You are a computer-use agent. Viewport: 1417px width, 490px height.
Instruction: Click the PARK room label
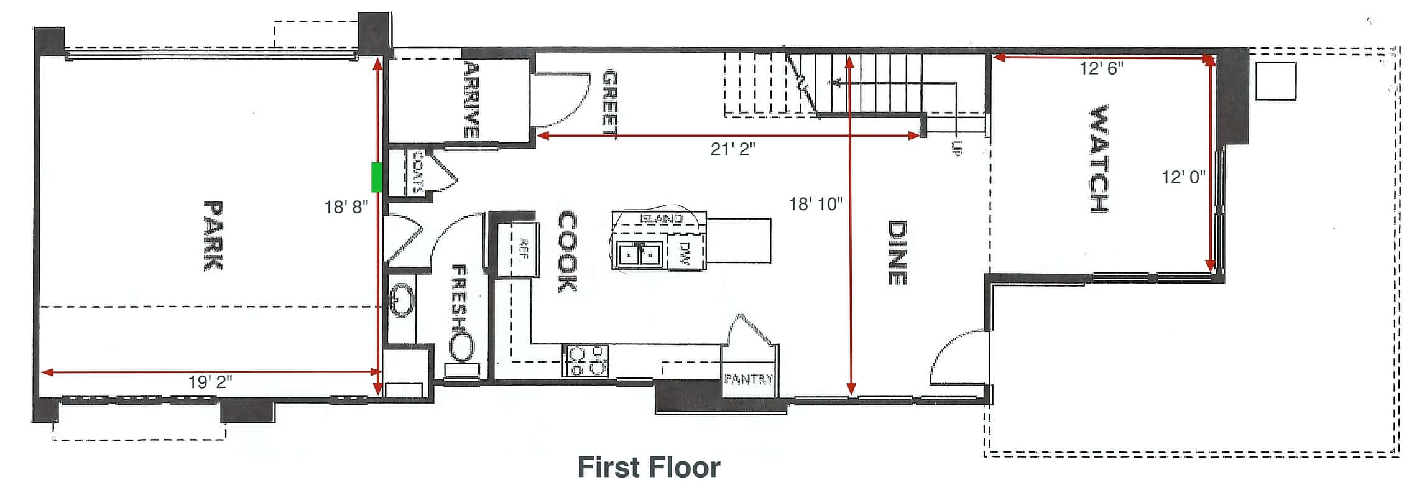(x=213, y=235)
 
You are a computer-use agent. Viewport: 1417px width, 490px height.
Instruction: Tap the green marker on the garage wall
(x=376, y=177)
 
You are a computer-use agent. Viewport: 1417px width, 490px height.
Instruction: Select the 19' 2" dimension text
(x=210, y=382)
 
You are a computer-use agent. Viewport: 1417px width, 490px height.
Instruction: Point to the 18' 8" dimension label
(x=346, y=206)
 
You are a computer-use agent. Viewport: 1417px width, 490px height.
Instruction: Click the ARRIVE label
(x=471, y=99)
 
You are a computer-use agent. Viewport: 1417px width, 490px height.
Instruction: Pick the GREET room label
(x=610, y=103)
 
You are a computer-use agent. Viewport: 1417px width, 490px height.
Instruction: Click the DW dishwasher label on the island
(x=685, y=253)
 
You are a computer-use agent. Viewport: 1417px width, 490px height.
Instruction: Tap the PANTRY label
(x=749, y=379)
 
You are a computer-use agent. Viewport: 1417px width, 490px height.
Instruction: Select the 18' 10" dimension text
(x=816, y=203)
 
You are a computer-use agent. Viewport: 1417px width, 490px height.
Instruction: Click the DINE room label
(x=896, y=252)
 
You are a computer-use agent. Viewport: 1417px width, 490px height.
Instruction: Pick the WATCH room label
(x=1099, y=159)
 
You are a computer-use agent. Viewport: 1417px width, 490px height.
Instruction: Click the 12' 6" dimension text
(x=1101, y=68)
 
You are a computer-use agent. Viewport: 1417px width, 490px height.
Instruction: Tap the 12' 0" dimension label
(x=1183, y=177)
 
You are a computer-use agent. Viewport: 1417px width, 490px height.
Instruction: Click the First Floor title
(x=648, y=467)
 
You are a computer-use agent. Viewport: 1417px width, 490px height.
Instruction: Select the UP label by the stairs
(x=956, y=148)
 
